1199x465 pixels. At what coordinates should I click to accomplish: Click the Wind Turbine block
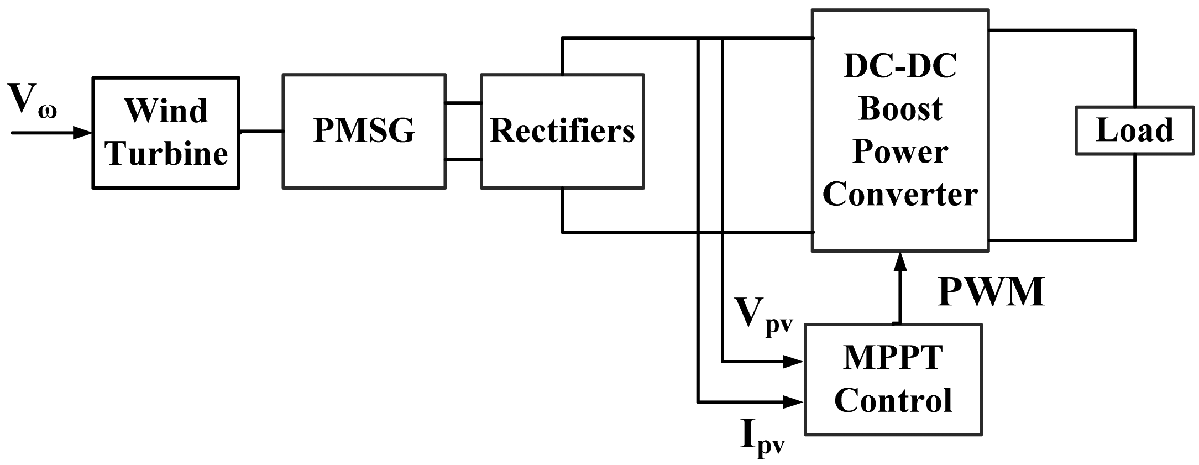click(x=166, y=133)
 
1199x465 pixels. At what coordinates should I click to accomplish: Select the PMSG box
click(x=364, y=132)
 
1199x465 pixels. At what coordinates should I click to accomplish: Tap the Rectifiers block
click(x=562, y=132)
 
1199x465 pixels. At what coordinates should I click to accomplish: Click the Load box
click(x=1134, y=130)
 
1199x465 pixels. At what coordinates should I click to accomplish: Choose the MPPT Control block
click(x=893, y=379)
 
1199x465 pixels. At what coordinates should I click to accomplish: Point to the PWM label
click(x=991, y=291)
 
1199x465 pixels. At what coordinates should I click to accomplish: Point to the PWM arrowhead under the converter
click(x=900, y=261)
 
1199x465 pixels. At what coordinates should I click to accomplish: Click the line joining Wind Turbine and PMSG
click(x=261, y=132)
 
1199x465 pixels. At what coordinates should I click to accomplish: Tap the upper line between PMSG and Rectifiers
click(x=463, y=103)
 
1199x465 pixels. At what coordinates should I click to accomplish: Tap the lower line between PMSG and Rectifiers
click(x=463, y=160)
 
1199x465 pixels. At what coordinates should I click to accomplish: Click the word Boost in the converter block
click(x=900, y=109)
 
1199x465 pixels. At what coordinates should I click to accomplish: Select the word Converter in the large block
click(x=900, y=195)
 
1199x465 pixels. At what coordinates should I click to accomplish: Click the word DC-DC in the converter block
click(x=900, y=67)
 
